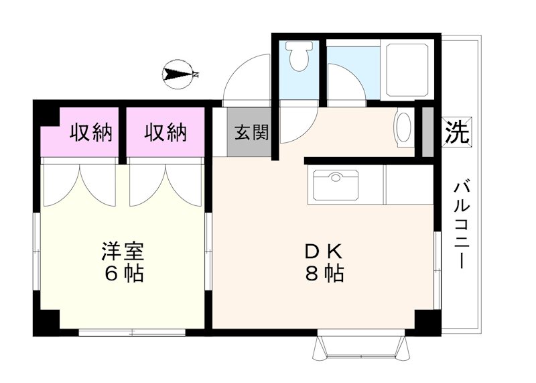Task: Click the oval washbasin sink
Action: click(404, 127)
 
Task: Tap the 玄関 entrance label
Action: click(251, 131)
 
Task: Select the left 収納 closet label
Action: click(91, 131)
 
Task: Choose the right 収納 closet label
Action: click(165, 131)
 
